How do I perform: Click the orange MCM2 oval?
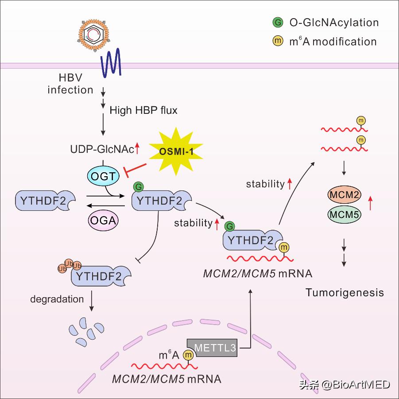coord(344,195)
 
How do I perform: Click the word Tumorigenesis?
coord(345,293)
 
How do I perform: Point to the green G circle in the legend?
coord(277,22)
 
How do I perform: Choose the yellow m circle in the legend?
coord(277,42)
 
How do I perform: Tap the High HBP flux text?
coord(143,110)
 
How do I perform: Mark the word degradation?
coord(57,299)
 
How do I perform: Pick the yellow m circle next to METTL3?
coord(189,354)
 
